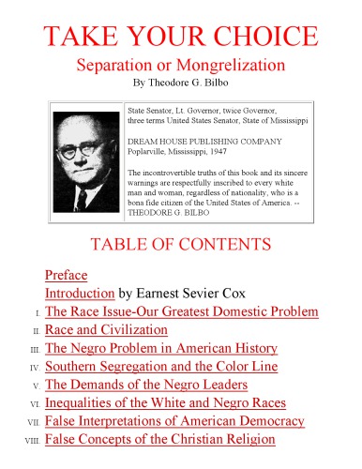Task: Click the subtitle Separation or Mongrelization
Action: click(182, 68)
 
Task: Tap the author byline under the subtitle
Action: click(182, 84)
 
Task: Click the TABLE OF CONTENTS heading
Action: click(181, 244)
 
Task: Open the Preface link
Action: click(66, 276)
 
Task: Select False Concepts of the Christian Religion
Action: click(159, 439)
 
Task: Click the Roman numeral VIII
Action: click(31, 441)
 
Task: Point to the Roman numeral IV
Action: click(33, 369)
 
